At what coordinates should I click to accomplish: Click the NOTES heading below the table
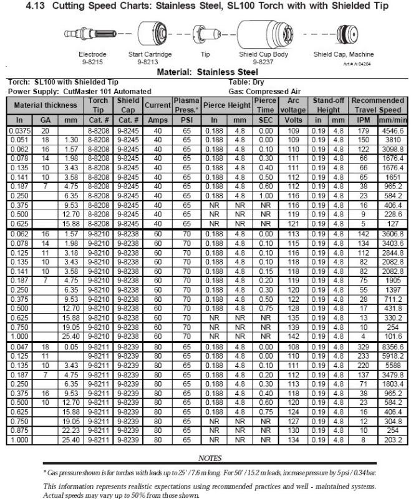[210, 458]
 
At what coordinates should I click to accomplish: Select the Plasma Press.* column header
[186, 105]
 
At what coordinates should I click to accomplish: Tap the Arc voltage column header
[293, 105]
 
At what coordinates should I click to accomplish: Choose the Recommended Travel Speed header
[378, 105]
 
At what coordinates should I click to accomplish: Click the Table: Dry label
[246, 82]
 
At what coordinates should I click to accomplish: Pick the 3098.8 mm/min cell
[392, 150]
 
